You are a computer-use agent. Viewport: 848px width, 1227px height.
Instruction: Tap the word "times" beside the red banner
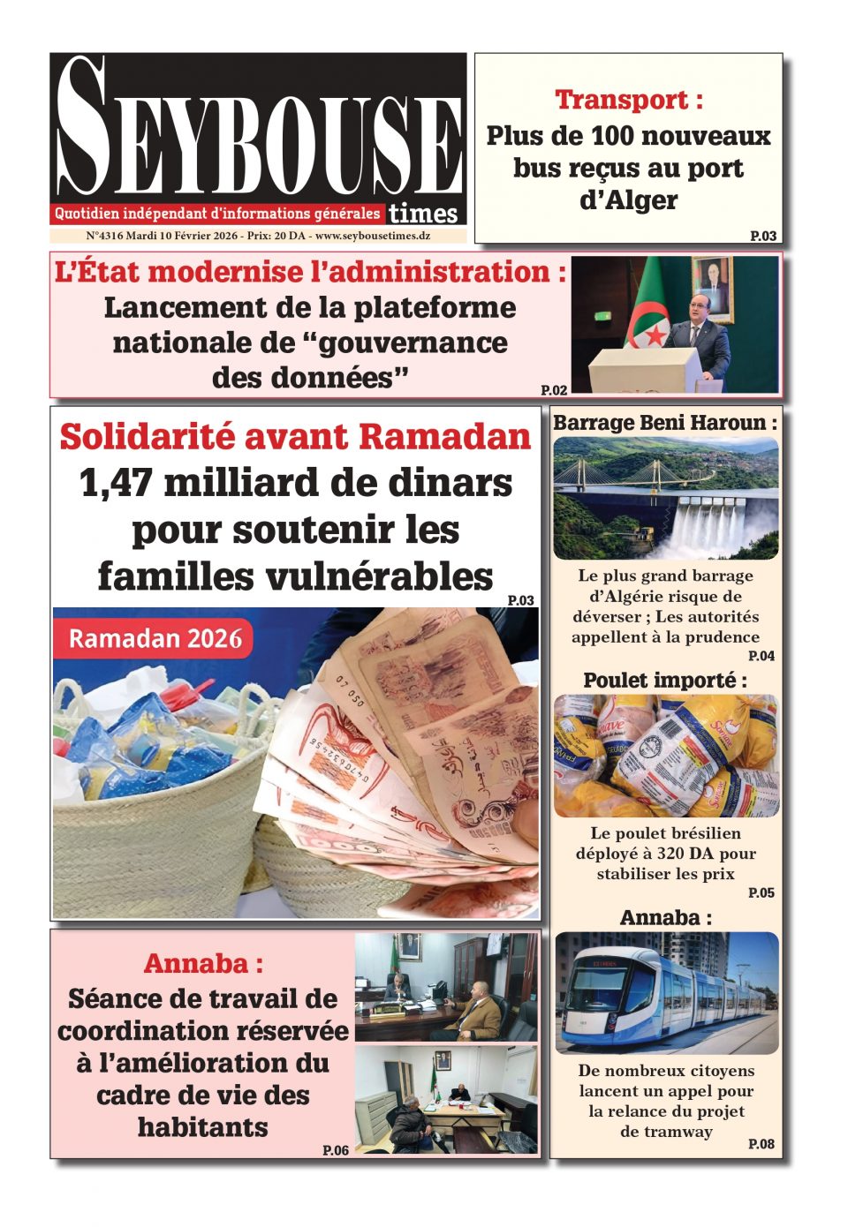[x=423, y=214]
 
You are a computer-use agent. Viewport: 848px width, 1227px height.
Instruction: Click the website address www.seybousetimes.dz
[x=373, y=237]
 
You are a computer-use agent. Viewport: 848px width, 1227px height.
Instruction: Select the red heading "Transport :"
[x=629, y=100]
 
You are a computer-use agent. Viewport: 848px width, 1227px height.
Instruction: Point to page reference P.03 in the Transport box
[x=763, y=236]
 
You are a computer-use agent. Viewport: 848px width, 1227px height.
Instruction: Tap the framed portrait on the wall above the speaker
[x=712, y=287]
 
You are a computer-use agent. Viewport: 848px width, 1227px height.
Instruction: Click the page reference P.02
[x=554, y=389]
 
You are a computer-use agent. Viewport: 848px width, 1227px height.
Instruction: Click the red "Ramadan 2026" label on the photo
[x=155, y=638]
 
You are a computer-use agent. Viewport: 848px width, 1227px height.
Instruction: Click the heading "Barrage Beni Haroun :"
[x=665, y=423]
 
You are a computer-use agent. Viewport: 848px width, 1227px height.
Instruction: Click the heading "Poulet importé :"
[x=665, y=681]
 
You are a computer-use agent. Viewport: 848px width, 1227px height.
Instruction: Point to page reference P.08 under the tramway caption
[x=761, y=1144]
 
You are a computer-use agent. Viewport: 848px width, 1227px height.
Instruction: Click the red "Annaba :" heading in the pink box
[x=203, y=963]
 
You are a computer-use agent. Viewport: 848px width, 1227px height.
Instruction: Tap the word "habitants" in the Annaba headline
[x=203, y=1127]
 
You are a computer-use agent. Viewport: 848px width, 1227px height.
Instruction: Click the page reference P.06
[x=336, y=1150]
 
